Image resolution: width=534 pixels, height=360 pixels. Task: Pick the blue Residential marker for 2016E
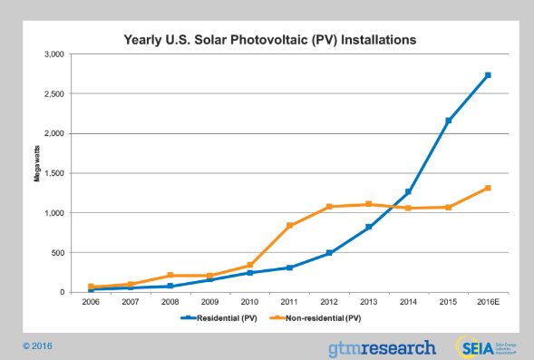488,75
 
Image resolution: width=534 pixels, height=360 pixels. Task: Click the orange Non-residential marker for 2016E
488,189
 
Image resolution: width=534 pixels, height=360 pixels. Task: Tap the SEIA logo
480,345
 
